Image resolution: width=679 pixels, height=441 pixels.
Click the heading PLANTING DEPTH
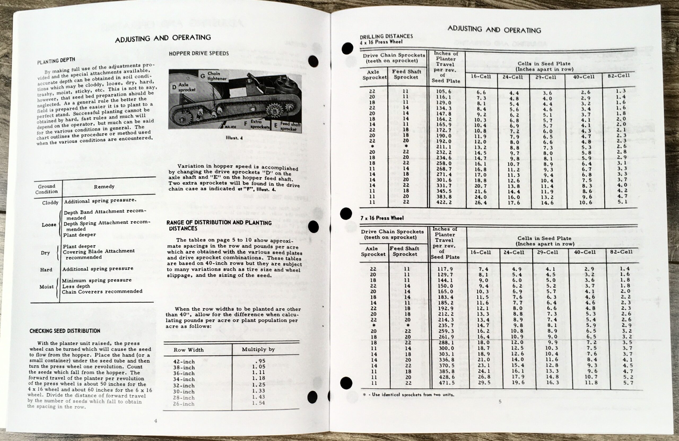tap(56, 60)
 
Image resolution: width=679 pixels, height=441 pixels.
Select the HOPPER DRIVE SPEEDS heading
tap(199, 53)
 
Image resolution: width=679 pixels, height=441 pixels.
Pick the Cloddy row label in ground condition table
tap(50, 203)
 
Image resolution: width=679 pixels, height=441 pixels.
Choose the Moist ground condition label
tap(46, 287)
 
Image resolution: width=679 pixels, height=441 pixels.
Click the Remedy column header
tap(104, 187)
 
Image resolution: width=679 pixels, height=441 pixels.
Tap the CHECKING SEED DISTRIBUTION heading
tap(65, 331)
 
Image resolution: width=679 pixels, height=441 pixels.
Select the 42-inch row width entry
tap(184, 362)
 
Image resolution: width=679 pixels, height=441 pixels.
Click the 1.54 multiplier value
tap(259, 403)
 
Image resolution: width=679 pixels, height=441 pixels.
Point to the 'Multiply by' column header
tap(258, 349)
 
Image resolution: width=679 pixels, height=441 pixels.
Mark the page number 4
tap(155, 421)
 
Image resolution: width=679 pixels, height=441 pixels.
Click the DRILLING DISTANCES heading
tap(386, 36)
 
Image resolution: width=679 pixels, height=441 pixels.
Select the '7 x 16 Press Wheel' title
tap(382, 218)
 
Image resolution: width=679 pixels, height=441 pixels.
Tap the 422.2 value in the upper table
tap(444, 202)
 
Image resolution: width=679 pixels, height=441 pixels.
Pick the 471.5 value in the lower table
tap(446, 383)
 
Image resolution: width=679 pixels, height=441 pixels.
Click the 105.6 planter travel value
tap(444, 92)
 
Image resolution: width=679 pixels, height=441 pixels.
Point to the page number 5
tap(500, 402)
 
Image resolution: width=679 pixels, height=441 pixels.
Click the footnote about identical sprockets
tap(408, 395)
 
